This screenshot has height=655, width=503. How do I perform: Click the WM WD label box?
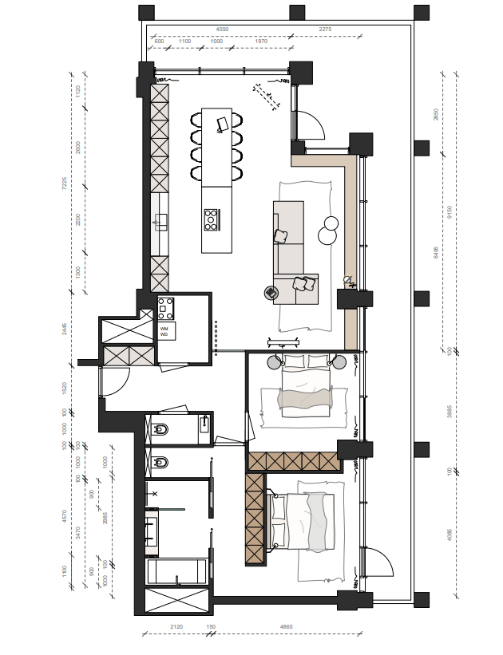tap(165, 330)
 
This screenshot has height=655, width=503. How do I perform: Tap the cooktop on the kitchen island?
tap(212, 219)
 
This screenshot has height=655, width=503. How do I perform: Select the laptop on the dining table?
tap(224, 123)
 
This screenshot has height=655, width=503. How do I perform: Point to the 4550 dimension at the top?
tap(223, 29)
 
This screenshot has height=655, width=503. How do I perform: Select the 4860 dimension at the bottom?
tap(285, 627)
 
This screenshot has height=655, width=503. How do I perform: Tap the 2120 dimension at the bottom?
tap(176, 627)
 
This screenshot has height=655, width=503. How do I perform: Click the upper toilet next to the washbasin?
tap(160, 430)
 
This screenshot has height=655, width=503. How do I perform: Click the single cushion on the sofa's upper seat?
tap(281, 236)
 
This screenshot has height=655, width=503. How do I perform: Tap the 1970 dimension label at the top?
tap(261, 41)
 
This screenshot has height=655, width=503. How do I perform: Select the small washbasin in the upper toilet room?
tap(204, 423)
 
